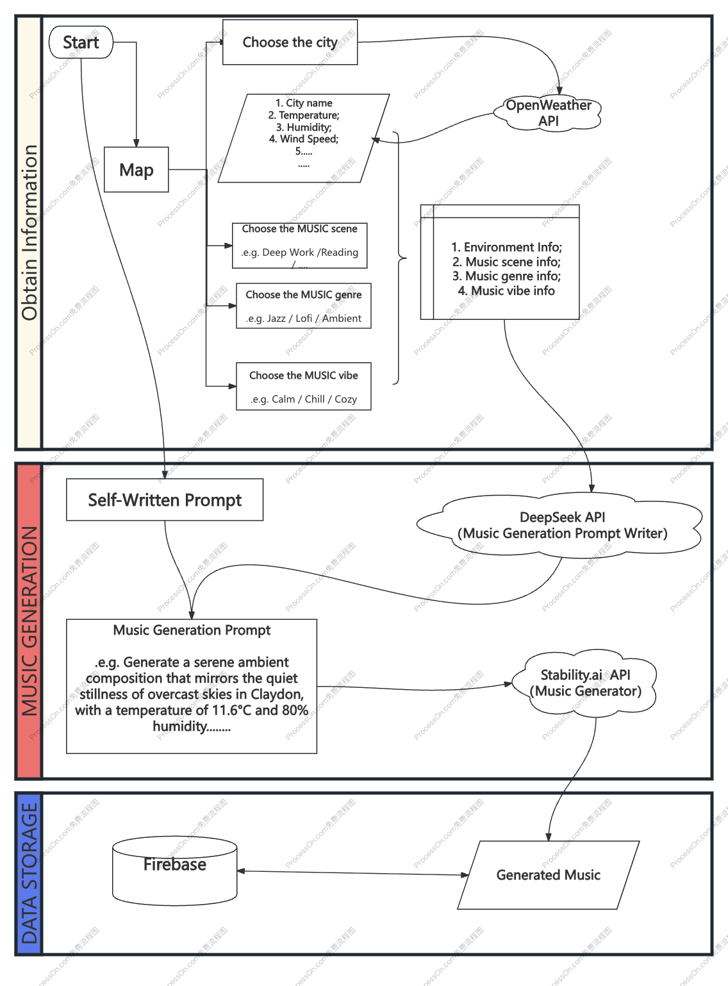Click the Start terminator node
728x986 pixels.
coord(81,42)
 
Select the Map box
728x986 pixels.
coord(136,170)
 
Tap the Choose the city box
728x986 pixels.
coord(290,42)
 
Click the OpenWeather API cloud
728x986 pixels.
coord(548,113)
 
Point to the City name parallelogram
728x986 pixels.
coord(304,138)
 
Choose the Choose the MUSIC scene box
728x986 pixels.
coord(299,245)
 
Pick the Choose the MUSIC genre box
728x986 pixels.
coord(303,306)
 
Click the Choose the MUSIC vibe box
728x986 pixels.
coord(303,387)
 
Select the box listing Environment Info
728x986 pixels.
coord(506,262)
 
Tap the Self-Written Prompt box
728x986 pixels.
coord(165,500)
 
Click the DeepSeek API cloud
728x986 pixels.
coord(562,525)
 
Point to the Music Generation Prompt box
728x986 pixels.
coord(192,686)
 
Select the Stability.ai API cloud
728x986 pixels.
coord(585,683)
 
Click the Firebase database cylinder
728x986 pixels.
coord(175,871)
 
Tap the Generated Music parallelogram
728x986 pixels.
coord(548,875)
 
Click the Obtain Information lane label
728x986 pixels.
coord(29,232)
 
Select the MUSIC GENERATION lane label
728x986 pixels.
coord(29,621)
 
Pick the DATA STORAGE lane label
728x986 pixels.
coord(29,873)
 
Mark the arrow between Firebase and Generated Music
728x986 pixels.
coord(352,873)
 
